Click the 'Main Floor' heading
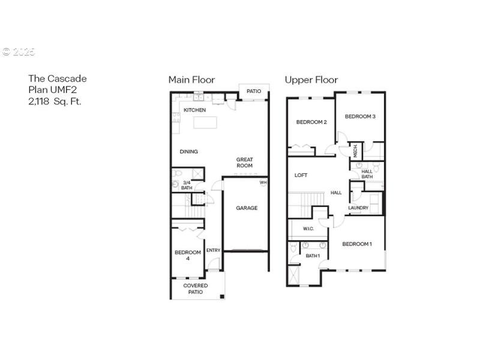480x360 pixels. [191, 80]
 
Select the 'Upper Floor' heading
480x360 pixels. [311, 80]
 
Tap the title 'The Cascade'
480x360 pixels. [58, 79]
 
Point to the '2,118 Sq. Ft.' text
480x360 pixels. [55, 101]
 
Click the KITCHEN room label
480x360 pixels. [195, 110]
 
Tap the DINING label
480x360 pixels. [189, 152]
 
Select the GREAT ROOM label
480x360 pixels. [244, 163]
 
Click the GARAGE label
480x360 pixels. [247, 208]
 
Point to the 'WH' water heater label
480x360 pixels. [263, 182]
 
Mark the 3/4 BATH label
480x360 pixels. [187, 185]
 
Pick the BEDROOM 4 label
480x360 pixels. [188, 256]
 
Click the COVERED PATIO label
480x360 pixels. [196, 289]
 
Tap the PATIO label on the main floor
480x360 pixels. [254, 92]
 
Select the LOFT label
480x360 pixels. [301, 176]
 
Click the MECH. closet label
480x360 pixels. [355, 150]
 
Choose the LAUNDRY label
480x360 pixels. [358, 208]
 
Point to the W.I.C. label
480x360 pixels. [308, 229]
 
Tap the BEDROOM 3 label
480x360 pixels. [360, 116]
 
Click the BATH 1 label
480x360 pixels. [313, 256]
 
